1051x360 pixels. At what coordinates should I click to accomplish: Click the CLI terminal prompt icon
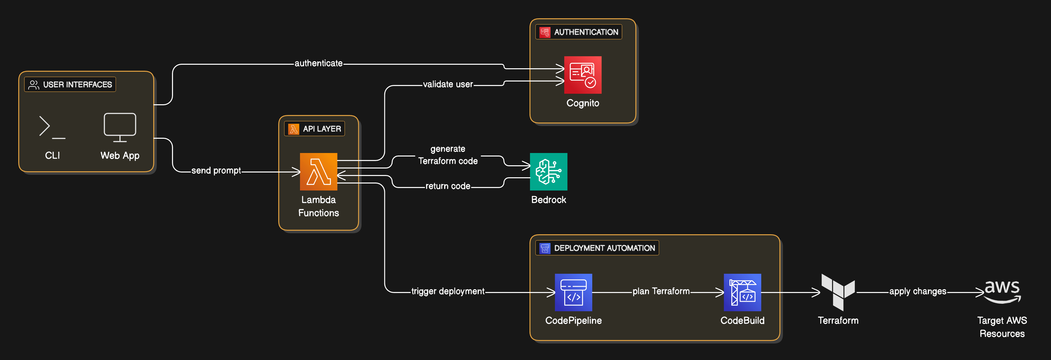point(52,127)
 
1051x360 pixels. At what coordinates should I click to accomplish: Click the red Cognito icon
point(582,75)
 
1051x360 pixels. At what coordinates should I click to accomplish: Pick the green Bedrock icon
point(548,171)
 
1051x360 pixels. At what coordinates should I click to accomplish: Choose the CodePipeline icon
point(573,292)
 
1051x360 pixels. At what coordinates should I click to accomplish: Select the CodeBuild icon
point(742,292)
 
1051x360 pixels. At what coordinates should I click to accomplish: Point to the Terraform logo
point(838,292)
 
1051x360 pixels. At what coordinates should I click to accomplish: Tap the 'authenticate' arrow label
point(319,63)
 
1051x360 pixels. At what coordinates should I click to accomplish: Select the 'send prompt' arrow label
point(216,170)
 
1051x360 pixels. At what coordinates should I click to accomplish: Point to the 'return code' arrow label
point(447,186)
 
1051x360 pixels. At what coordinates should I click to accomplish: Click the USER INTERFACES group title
point(77,84)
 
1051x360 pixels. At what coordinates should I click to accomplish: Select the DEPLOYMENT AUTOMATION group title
point(604,248)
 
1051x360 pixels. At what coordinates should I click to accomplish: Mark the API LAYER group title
point(321,129)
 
